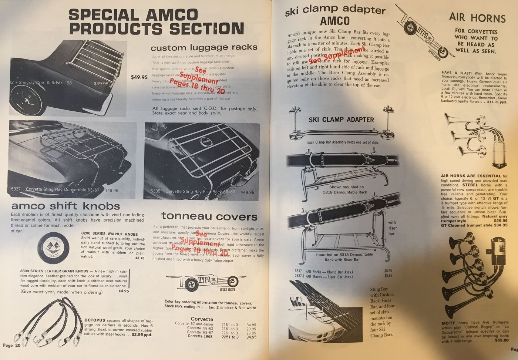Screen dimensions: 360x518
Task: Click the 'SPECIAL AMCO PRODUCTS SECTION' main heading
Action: pos(156,21)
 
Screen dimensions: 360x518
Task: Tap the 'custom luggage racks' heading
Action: pos(204,47)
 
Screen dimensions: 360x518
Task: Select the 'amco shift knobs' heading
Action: pos(65,206)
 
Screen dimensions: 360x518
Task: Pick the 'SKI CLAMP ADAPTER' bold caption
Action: pos(341,120)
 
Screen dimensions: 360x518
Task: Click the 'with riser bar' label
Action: pos(392,228)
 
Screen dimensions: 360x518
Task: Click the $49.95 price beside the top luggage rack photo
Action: pos(139,78)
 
